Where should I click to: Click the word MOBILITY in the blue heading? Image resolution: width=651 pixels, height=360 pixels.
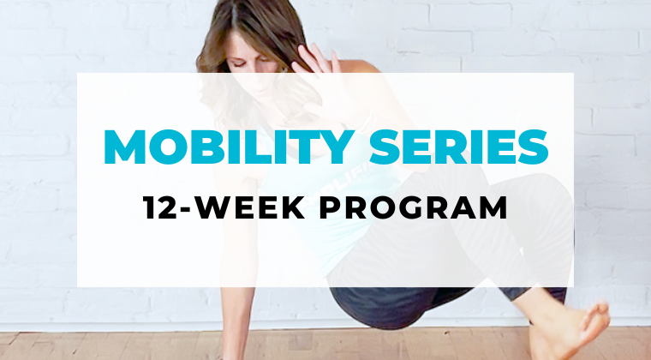[230, 147]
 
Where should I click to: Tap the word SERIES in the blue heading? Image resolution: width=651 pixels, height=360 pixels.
[458, 147]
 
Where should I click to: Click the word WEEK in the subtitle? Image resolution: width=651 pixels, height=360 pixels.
[249, 207]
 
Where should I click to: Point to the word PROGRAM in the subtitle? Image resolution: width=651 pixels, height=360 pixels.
[414, 207]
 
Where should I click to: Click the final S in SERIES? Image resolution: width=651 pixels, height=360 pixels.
[533, 147]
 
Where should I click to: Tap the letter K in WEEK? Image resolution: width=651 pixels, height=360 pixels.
[293, 207]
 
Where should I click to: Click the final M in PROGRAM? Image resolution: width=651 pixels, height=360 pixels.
[494, 207]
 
